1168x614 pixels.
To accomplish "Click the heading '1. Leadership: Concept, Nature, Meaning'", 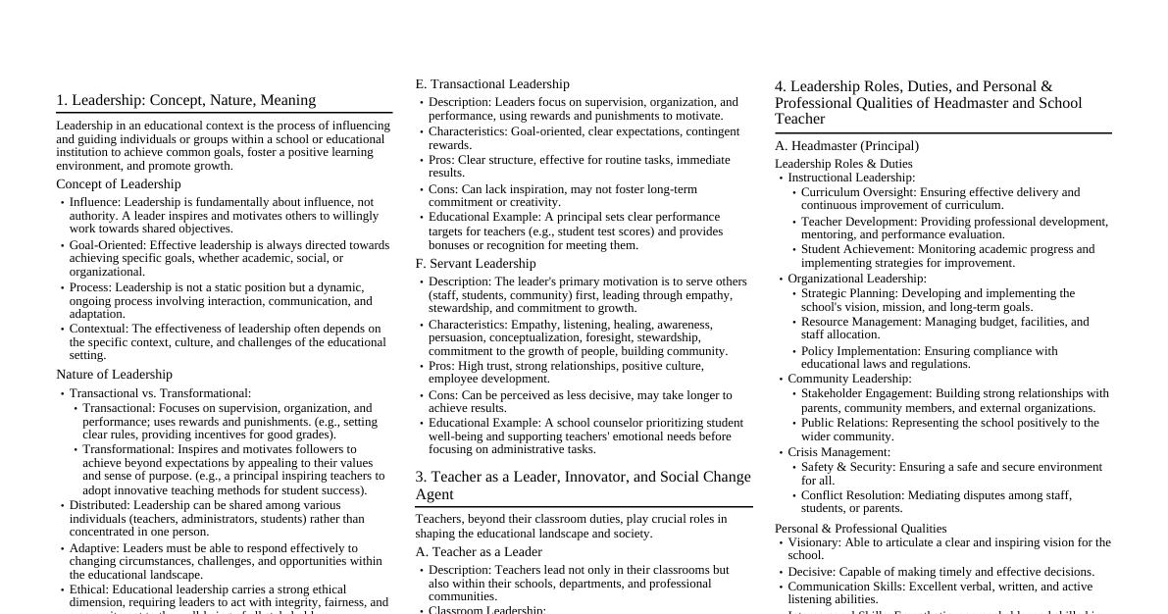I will pos(185,100).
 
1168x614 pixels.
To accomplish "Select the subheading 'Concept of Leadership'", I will pos(119,184).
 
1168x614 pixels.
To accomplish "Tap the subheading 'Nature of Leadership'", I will pos(114,375).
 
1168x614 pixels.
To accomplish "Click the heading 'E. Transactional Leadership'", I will pos(491,84).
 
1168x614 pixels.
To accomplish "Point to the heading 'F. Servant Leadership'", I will pos(475,264).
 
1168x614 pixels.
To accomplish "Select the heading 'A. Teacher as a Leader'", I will pos(478,552).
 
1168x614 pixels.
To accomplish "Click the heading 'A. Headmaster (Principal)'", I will pos(846,146).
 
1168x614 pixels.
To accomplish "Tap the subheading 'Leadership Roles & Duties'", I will pos(843,164).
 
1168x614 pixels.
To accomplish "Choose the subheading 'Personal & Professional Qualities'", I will pos(860,529).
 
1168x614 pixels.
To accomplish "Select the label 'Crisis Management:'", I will pos(838,452).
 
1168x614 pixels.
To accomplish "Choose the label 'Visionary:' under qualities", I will pos(814,542).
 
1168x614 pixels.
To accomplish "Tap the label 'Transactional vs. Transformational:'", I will pos(160,393).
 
